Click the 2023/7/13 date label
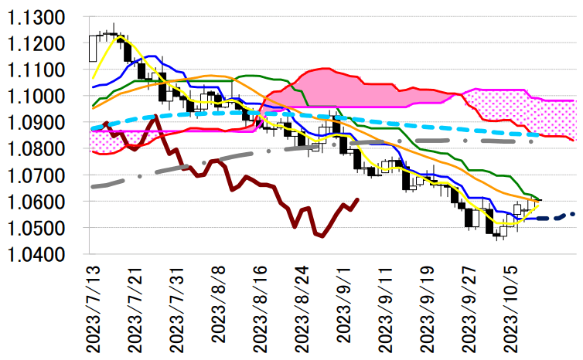coord(94,308)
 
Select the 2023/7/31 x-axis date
coord(179,308)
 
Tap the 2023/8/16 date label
coord(262,308)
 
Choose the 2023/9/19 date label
coord(431,308)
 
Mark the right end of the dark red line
coord(357,200)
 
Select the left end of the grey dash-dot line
coord(92,186)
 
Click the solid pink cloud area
coord(340,89)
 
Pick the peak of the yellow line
coord(120,36)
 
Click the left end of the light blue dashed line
coord(92,129)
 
